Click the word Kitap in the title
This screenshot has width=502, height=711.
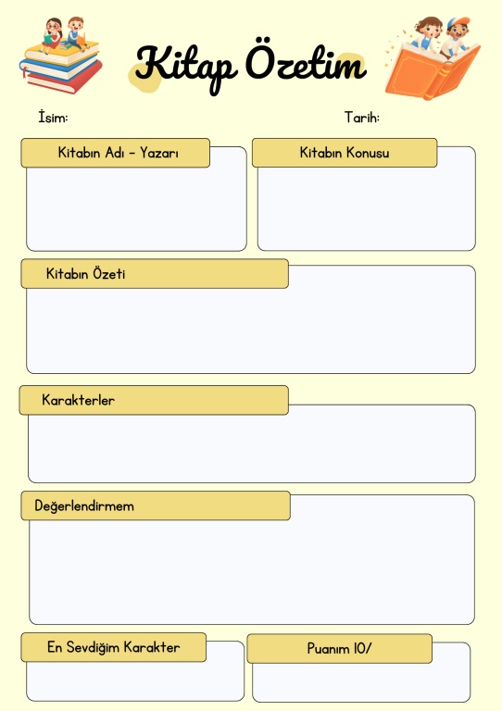186,67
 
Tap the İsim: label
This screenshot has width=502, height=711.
53,117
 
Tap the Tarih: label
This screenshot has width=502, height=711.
362,117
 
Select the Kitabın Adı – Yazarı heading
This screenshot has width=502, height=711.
118,153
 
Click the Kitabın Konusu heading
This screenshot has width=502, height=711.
345,153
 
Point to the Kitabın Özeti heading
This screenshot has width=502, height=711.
85,273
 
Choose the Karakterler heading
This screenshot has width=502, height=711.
78,400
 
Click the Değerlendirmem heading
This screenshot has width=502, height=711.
84,505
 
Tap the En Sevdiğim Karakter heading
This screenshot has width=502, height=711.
113,647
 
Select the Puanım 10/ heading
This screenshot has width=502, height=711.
339,648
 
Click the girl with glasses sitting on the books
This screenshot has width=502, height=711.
52,35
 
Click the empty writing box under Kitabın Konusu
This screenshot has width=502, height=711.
367,207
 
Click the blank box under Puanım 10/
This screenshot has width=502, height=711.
361,681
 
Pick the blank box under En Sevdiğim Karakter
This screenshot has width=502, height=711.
135,680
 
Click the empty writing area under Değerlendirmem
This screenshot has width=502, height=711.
252,571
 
